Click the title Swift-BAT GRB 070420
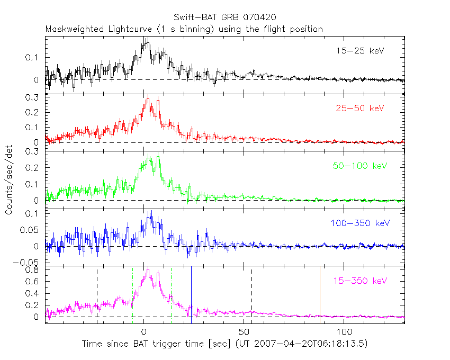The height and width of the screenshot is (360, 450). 224,19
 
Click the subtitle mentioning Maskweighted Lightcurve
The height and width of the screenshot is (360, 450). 184,29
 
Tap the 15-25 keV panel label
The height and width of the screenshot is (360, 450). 359,51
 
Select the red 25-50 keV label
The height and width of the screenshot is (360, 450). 359,109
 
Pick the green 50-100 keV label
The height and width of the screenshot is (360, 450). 359,166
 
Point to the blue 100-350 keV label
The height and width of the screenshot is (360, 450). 359,223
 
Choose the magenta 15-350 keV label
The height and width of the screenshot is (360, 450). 359,281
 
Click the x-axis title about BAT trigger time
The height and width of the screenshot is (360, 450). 224,344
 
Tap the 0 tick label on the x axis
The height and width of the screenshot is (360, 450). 143,332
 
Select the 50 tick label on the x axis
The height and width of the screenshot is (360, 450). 244,332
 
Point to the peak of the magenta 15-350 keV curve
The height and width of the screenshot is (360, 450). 148,269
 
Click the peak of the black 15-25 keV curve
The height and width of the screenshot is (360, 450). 146,40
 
